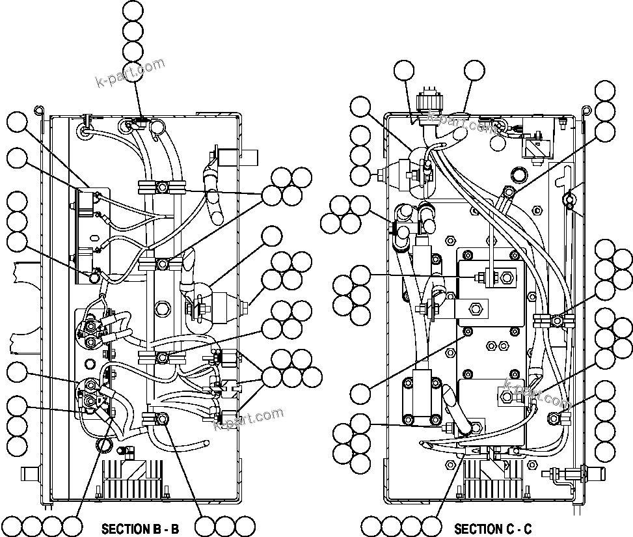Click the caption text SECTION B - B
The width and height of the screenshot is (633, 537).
140,529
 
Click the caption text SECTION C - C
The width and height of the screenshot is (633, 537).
492,529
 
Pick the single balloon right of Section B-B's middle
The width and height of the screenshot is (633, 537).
271,237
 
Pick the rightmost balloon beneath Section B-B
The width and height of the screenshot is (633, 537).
245,526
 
